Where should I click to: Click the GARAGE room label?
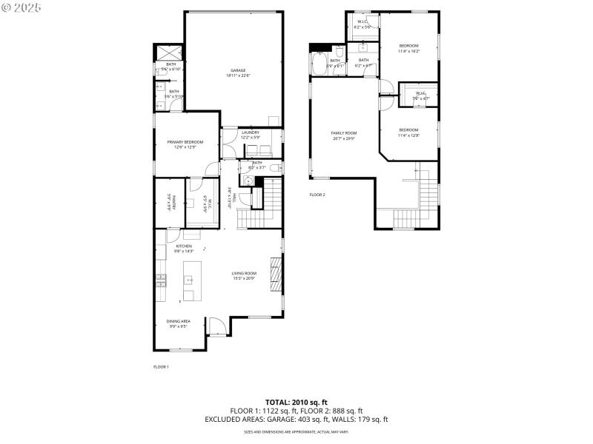click(x=237, y=71)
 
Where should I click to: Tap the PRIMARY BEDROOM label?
click(x=185, y=142)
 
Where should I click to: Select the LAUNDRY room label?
click(x=250, y=132)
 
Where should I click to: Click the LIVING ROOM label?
click(x=243, y=273)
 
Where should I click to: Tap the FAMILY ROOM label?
click(x=344, y=133)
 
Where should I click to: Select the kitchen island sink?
click(x=188, y=280)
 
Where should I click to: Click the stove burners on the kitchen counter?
click(x=161, y=280)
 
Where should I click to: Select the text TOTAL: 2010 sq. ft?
click(x=296, y=402)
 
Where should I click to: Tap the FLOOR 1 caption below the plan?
click(x=161, y=367)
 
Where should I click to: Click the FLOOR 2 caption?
click(x=317, y=195)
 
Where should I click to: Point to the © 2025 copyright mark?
click(x=21, y=7)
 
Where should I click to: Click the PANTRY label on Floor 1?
click(x=170, y=200)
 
